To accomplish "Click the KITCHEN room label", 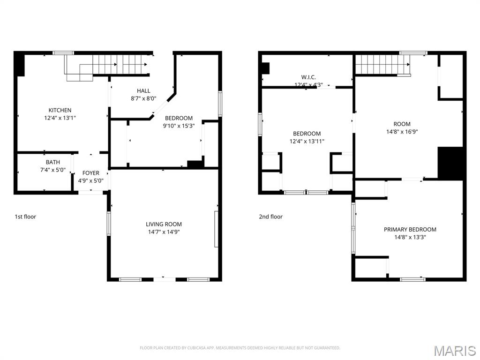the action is click(60, 110).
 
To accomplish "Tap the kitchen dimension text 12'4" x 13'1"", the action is click(60, 118).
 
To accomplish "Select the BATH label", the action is click(53, 162).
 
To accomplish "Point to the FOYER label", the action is click(91, 173).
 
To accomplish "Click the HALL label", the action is click(143, 91).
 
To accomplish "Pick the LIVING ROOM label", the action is click(164, 225).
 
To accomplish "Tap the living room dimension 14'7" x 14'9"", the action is click(164, 232).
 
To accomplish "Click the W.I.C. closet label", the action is click(308, 77).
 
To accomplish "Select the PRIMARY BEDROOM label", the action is click(410, 230).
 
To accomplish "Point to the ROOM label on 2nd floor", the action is click(402, 124).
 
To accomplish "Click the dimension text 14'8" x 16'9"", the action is click(402, 132).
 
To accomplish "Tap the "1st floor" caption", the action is click(25, 217).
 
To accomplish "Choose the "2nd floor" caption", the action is click(270, 217).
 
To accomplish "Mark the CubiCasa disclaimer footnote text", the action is click(240, 348).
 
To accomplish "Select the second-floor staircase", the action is click(382, 65).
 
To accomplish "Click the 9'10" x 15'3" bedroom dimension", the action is click(179, 126).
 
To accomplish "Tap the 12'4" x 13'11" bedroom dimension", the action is click(307, 142).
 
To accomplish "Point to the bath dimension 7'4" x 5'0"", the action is click(53, 170).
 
